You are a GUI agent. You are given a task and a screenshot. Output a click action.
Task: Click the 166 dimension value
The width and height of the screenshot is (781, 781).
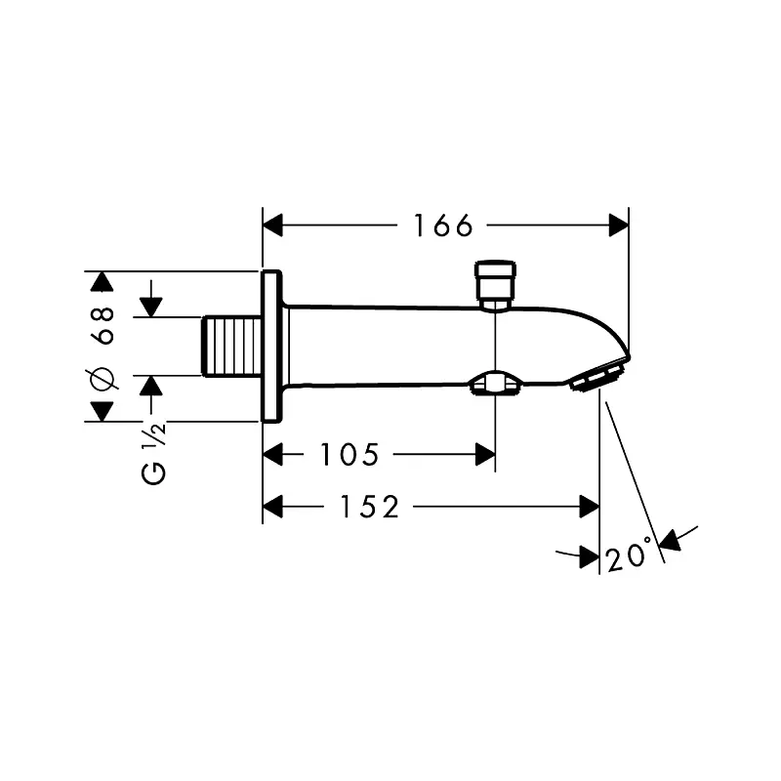442,226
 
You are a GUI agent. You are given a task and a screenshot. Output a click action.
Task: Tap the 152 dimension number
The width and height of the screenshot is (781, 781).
371,507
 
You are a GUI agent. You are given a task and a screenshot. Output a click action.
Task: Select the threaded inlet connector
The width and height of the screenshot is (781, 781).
233,346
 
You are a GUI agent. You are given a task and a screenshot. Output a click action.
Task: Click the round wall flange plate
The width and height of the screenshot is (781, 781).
272,346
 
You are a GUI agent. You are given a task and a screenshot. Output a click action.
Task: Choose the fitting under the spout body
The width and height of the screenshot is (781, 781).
497,385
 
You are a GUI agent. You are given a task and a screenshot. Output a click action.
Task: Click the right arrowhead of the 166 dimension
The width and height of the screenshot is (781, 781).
619,226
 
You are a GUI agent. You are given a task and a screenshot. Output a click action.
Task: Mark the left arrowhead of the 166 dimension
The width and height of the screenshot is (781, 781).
274,226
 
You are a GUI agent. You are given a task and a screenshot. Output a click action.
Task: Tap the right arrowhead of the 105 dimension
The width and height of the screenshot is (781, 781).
485,454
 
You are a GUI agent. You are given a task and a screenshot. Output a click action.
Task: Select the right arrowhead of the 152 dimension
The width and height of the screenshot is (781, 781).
589,507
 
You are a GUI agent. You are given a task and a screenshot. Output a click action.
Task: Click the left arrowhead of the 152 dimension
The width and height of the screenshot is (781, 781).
274,507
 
